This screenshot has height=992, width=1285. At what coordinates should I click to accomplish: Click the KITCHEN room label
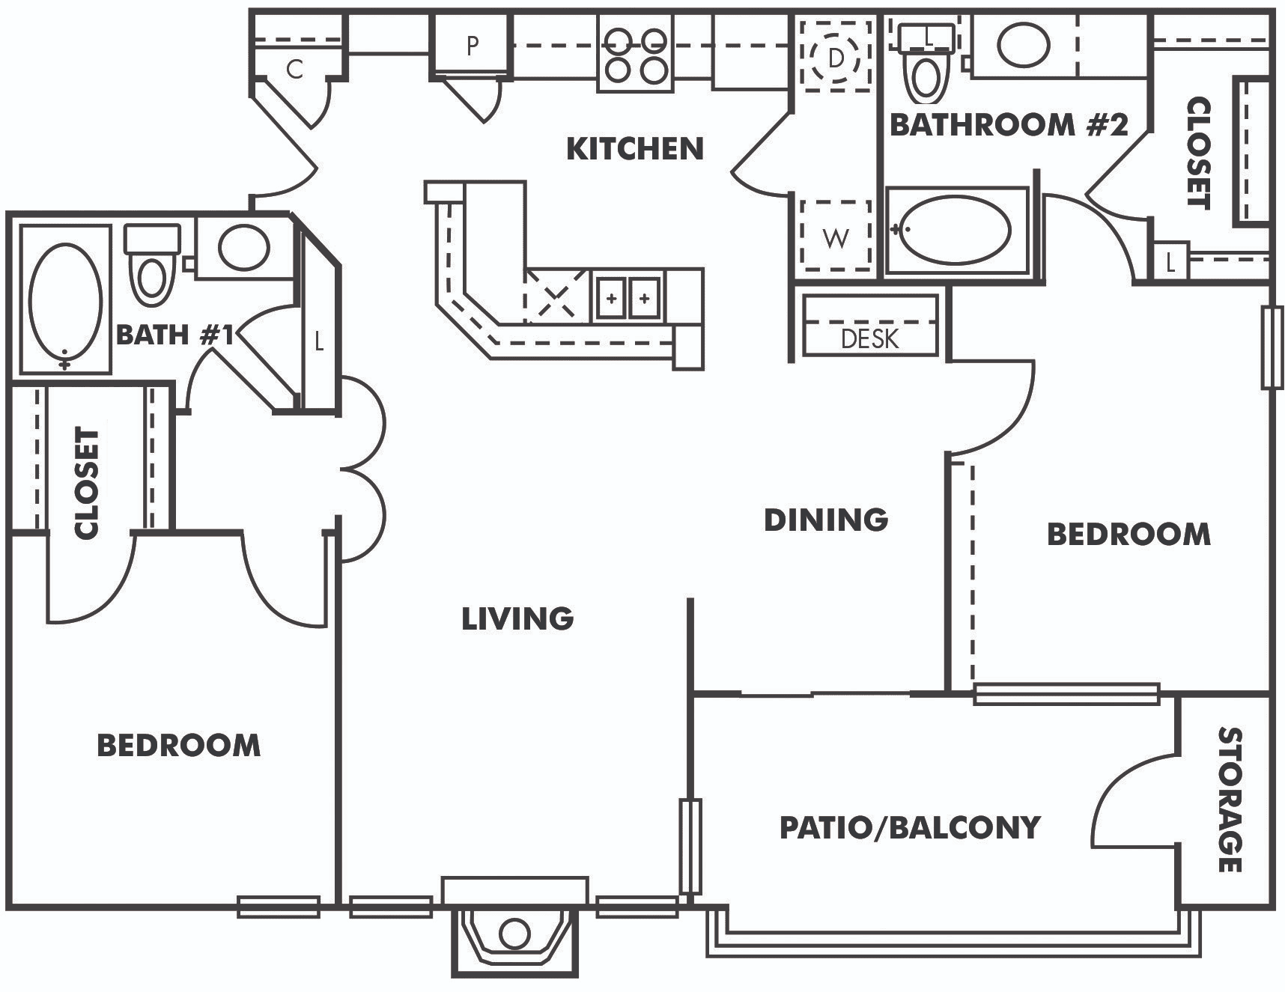pos(635,149)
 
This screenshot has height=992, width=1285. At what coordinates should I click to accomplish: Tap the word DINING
pos(826,520)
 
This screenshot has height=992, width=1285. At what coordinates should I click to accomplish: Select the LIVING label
pos(517,618)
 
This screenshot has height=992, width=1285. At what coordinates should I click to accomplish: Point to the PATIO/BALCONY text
pos(910,827)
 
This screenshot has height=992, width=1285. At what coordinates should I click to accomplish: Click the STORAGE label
pos(1230,800)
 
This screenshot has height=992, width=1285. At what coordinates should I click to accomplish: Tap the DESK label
pos(869,339)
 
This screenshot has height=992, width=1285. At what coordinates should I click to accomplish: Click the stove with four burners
pos(636,54)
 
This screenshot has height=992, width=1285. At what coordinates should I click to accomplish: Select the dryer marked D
pos(836,57)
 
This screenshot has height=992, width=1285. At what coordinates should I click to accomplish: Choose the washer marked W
pos(835,237)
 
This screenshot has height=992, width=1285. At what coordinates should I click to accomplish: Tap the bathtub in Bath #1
pos(66,299)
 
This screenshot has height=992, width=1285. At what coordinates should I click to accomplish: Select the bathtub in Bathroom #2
pos(956,230)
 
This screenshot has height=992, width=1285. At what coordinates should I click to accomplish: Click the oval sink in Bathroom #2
pos(1024,45)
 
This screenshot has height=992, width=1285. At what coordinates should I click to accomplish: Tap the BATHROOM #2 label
pos(1009,124)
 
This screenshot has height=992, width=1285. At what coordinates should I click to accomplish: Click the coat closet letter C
pos(295,70)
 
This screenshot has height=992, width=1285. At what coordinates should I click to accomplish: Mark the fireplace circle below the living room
pos(514,934)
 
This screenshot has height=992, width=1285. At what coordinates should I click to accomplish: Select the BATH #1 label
pos(175,335)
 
